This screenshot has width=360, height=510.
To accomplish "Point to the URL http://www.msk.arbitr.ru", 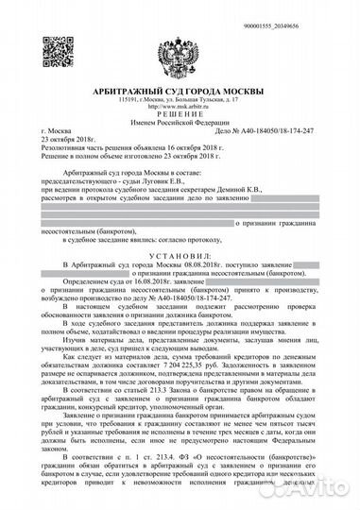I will click(179, 104).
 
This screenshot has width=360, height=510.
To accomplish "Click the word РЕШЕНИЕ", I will click(179, 111).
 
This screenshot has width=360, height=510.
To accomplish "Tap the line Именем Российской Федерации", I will click(179, 120).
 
